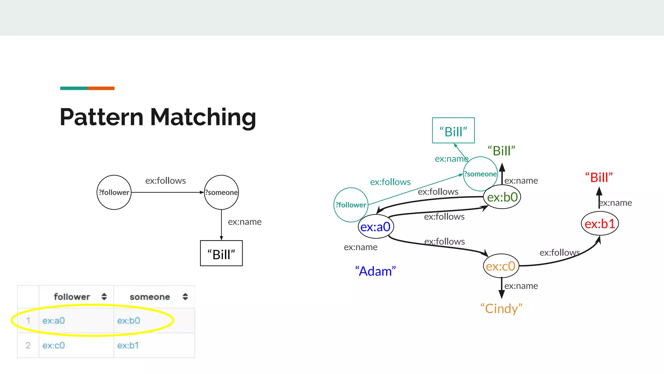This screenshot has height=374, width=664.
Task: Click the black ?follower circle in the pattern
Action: [114, 192]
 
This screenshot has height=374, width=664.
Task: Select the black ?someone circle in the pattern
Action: [221, 192]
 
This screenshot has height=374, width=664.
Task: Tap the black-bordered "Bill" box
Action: [221, 253]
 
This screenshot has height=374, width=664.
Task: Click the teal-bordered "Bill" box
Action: [453, 131]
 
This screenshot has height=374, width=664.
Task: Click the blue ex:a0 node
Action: [375, 227]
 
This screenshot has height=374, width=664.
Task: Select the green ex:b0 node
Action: [502, 197]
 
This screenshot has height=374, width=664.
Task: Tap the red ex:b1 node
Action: [600, 224]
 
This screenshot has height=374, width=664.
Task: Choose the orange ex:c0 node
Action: [501, 266]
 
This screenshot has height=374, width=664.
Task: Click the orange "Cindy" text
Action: [501, 308]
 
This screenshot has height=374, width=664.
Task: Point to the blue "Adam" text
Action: [375, 271]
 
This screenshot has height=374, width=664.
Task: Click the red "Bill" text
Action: [599, 178]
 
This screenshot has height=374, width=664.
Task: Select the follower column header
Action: [72, 297]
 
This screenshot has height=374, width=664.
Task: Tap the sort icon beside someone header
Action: [185, 297]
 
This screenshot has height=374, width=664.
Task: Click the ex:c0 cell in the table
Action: [53, 345]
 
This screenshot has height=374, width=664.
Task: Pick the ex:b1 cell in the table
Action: [128, 345]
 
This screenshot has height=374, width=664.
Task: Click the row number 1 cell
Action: [28, 320]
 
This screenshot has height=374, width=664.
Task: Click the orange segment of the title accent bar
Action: [101, 88]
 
